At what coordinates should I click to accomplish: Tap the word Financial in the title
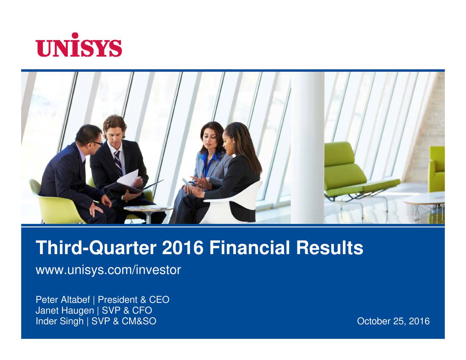click(x=250, y=248)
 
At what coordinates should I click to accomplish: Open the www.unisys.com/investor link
click(x=108, y=270)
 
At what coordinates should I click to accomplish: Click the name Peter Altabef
click(x=63, y=300)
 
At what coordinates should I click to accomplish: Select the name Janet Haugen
click(x=64, y=311)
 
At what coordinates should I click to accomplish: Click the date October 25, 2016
click(x=393, y=321)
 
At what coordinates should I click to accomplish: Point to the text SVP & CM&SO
click(x=124, y=321)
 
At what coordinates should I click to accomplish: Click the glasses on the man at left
click(x=97, y=143)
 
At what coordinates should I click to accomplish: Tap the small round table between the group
click(x=148, y=209)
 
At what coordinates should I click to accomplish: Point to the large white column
click(x=307, y=146)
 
